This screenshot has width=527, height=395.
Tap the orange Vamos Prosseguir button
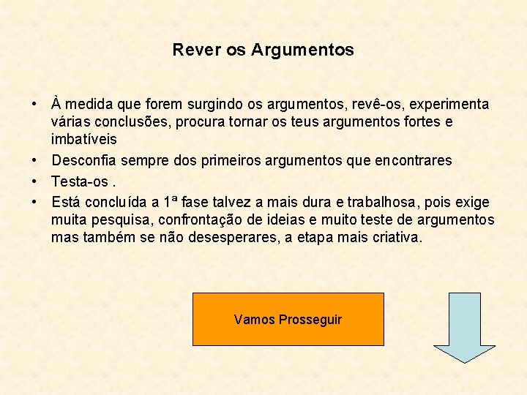click(288, 319)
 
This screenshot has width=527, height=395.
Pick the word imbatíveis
click(83, 138)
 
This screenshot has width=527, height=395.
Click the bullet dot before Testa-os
click(35, 181)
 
